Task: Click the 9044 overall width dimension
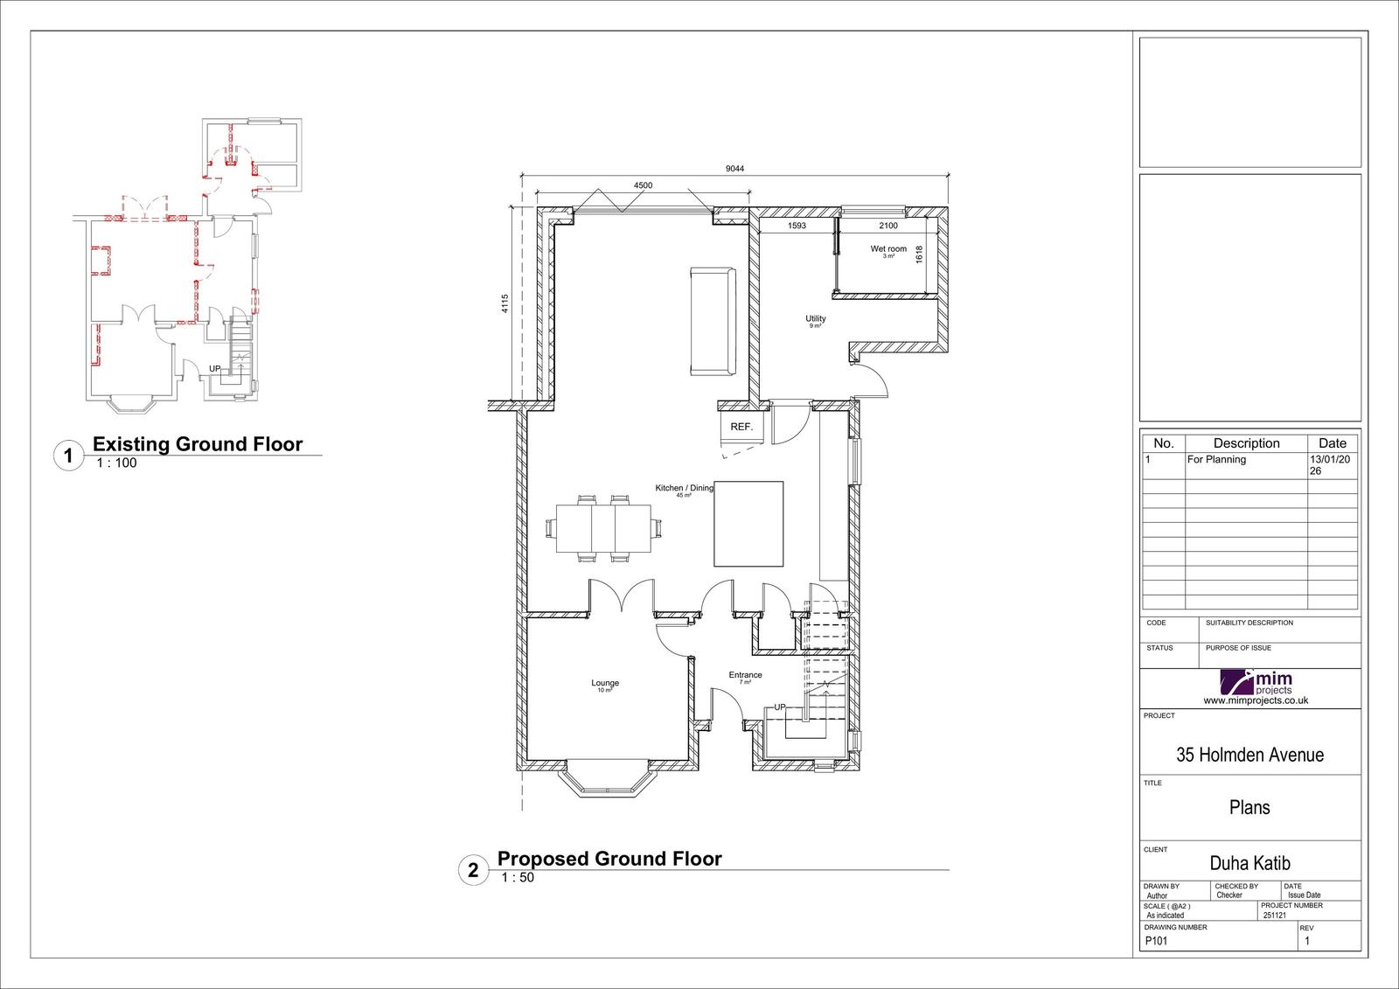point(734,170)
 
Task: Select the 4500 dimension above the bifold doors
point(643,185)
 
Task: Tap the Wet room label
point(888,250)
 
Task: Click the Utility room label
point(815,320)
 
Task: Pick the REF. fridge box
point(741,428)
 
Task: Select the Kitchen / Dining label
point(685,489)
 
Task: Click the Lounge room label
point(605,684)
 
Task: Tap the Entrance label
point(746,675)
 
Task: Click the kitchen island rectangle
point(748,524)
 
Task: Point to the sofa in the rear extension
point(713,322)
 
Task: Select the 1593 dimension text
point(797,226)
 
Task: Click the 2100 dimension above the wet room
point(887,226)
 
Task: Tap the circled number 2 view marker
point(473,871)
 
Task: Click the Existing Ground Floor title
point(198,444)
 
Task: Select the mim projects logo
point(1256,686)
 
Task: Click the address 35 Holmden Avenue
point(1249,755)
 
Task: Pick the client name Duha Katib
point(1249,864)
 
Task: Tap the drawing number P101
point(1155,942)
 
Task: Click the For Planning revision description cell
point(1216,460)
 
